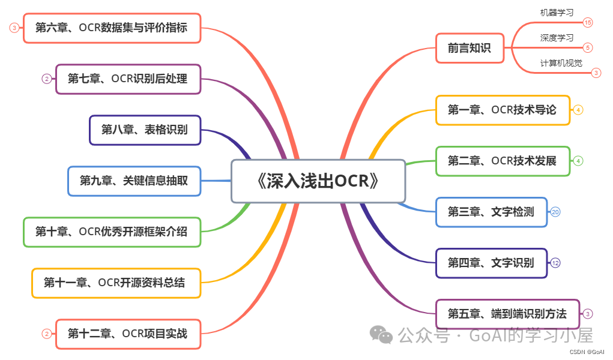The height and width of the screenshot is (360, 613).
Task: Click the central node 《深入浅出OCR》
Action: tap(318, 181)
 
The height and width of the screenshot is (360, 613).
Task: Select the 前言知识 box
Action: tap(470, 48)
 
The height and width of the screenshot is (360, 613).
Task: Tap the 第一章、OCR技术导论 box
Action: tap(502, 110)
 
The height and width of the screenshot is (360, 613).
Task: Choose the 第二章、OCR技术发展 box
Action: tap(502, 161)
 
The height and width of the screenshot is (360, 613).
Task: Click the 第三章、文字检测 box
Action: tap(491, 212)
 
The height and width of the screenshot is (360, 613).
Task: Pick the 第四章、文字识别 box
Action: tap(491, 263)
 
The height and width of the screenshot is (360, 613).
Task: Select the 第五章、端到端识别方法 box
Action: tap(507, 313)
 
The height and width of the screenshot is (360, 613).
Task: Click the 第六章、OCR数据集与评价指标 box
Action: tap(112, 28)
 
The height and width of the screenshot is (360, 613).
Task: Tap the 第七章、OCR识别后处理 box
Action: tap(128, 79)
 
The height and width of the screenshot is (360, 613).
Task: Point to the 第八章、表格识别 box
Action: tap(144, 130)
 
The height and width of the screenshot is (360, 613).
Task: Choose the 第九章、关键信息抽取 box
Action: tap(133, 181)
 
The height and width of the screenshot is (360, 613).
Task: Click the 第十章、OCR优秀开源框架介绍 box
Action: tap(112, 232)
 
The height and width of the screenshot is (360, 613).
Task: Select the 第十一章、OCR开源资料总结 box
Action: tap(115, 283)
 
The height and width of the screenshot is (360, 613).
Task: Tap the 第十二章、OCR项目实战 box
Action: tap(128, 334)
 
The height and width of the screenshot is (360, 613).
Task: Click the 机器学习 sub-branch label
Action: tap(557, 12)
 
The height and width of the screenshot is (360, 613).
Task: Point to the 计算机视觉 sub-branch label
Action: tap(561, 63)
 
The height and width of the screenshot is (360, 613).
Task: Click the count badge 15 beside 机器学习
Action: tap(587, 23)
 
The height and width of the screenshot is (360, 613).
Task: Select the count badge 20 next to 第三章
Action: tap(555, 212)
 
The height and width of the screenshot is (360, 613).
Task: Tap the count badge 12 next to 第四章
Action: tap(555, 263)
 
